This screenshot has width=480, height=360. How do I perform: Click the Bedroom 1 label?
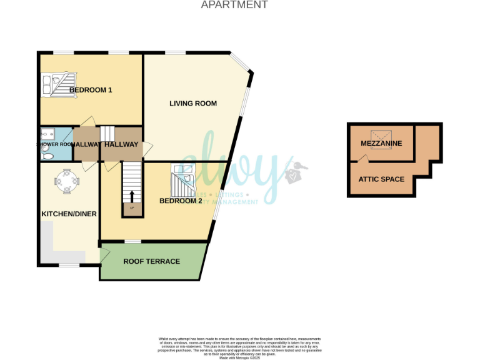point(91,90)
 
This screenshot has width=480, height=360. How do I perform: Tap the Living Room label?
point(193,103)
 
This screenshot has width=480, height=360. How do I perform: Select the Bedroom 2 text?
point(181,201)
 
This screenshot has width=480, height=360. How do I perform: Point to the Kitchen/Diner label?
point(69,214)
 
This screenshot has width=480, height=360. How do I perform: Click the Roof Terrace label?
point(151,261)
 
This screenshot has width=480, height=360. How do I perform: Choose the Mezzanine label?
point(381,144)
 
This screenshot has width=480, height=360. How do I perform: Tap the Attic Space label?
point(381,179)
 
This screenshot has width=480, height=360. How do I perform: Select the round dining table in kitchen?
point(66,182)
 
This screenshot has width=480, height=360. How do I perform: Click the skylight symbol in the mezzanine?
point(381,136)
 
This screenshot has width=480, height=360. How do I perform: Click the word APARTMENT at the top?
point(234,5)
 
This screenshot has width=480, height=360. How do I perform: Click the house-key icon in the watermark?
point(291,172)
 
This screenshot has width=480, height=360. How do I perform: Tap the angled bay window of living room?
point(241,64)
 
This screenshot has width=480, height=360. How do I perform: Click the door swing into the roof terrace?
point(105,253)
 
